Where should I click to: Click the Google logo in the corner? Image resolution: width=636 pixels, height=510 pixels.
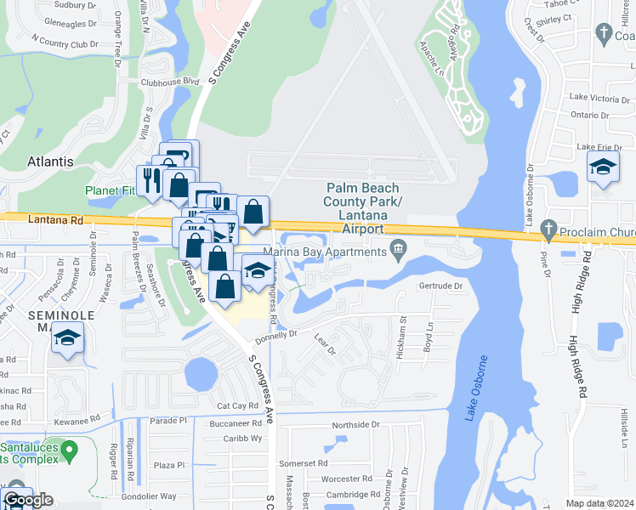point(28,500)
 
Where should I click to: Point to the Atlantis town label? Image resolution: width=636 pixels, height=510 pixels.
point(50,161)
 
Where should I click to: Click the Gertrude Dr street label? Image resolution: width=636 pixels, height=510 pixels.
point(440,286)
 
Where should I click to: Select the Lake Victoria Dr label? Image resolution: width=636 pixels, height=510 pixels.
point(599,99)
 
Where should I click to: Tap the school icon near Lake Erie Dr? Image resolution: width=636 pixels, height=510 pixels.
point(603,167)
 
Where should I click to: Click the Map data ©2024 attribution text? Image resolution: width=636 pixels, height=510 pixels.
point(599,503)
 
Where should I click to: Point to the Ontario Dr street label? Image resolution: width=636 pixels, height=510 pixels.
point(590,115)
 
